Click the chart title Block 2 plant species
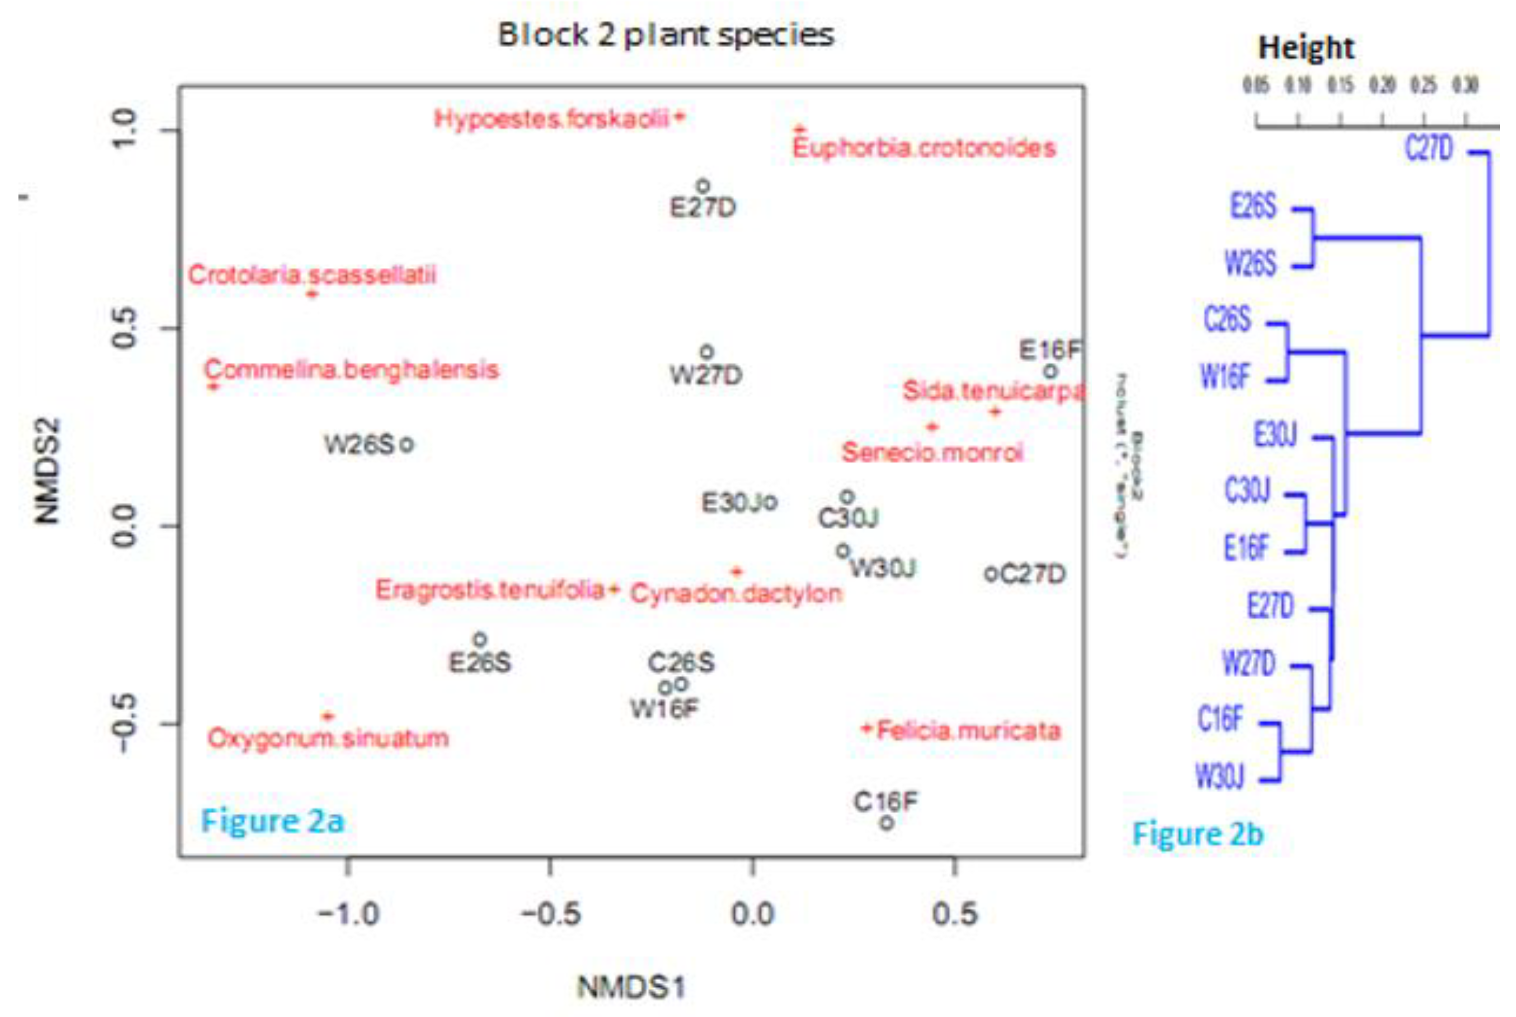[x=665, y=35]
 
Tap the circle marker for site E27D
[x=703, y=187]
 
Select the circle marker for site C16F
[x=887, y=823]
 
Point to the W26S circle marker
[x=406, y=445]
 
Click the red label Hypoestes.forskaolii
[x=551, y=119]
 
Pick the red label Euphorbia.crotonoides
[x=924, y=148]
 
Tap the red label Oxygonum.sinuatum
[x=328, y=738]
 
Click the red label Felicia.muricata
[x=969, y=731]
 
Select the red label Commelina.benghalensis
[x=351, y=370]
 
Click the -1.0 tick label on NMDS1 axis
[x=348, y=914]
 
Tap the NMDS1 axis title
[x=631, y=987]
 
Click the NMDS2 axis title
[x=47, y=470]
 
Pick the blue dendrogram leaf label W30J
[x=1219, y=775]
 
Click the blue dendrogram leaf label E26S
[x=1253, y=206]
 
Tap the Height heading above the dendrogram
[x=1306, y=48]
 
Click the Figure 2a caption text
[x=272, y=821]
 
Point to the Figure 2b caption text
[x=1197, y=834]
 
